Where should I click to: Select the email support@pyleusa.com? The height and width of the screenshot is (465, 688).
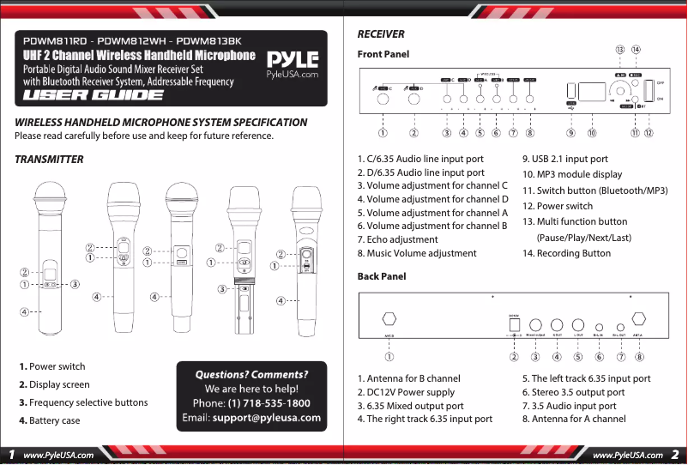point(266,418)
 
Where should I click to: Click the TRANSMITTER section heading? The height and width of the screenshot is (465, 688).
point(49,160)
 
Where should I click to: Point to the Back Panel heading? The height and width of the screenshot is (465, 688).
point(382,276)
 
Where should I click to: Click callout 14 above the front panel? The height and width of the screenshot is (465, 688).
point(636,50)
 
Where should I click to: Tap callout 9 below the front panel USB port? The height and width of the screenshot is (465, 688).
point(570,132)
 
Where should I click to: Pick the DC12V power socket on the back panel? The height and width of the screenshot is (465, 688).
point(514,325)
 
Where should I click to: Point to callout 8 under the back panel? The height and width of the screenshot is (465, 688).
point(640,355)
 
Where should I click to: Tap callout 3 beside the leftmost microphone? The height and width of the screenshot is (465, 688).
point(75,284)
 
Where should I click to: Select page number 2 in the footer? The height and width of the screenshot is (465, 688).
point(675,454)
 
